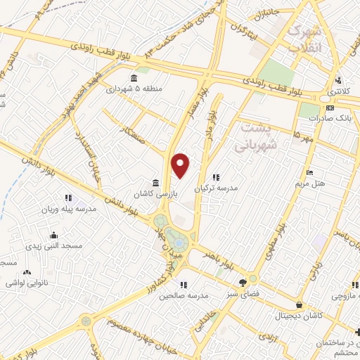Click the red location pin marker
click(x=181, y=165)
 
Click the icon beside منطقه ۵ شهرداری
click(x=134, y=78)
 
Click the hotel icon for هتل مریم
click(x=309, y=173)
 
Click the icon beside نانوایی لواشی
click(x=27, y=272)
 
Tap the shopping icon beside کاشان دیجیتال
click(x=300, y=305)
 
